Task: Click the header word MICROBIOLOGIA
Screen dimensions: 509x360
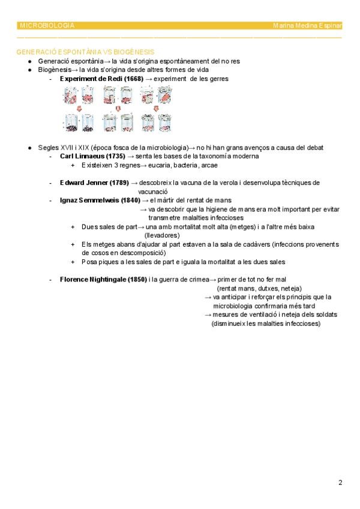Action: click(47, 26)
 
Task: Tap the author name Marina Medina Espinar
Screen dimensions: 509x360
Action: click(307, 26)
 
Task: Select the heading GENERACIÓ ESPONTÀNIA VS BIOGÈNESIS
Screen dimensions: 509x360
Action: click(86, 52)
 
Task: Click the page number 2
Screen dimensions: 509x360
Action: click(340, 482)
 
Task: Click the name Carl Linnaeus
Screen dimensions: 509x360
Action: click(82, 156)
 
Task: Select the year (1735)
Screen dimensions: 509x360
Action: click(115, 156)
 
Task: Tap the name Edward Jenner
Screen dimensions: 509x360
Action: click(83, 182)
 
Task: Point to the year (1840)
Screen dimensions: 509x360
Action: click(130, 200)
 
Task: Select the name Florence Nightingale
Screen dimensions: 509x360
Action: click(92, 279)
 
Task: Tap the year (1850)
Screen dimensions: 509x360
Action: click(137, 279)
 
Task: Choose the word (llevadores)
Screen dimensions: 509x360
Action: click(162, 235)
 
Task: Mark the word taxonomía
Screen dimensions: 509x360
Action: click(208, 156)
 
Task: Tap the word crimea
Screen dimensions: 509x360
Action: click(197, 279)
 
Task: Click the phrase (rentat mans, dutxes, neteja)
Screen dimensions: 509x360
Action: click(259, 288)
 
